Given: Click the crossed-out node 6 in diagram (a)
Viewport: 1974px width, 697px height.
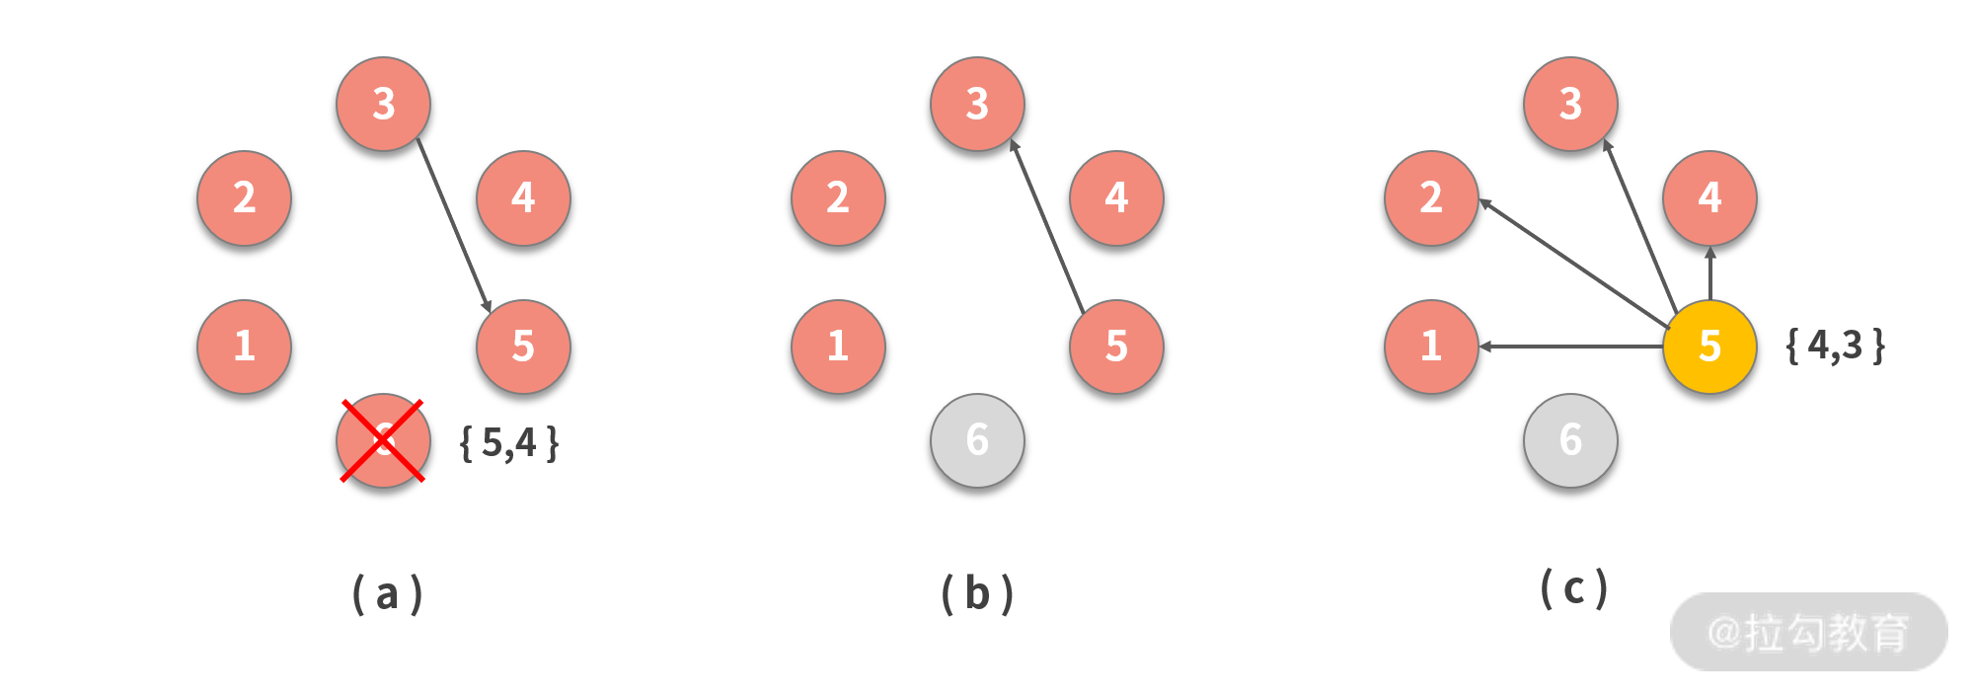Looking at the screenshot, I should (383, 440).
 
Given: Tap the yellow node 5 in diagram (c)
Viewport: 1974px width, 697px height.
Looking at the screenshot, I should (1709, 347).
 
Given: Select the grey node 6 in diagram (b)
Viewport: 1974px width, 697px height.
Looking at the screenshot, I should (977, 440).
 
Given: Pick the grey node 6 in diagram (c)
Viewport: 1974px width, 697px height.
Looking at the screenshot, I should (1570, 440).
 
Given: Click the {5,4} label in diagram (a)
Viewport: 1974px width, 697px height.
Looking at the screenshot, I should (509, 443).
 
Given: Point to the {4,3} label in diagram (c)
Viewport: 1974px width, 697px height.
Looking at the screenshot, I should (1836, 347).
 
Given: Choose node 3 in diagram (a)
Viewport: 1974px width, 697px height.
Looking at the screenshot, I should (383, 104).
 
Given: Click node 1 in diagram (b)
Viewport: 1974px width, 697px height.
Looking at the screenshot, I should (838, 347).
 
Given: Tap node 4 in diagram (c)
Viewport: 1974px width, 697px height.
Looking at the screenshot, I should (1709, 197).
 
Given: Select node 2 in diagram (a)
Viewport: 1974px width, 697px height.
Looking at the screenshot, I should (244, 197).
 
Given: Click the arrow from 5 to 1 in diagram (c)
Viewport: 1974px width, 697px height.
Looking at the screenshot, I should (1570, 347).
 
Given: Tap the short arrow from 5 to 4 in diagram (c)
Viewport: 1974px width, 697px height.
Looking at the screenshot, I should (1710, 273).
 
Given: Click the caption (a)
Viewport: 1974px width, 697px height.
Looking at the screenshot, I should (387, 593).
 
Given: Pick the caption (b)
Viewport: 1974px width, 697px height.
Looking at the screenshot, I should (977, 593).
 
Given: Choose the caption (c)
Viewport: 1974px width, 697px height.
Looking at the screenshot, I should (1573, 589).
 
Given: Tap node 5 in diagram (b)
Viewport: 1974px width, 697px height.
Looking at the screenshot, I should (1116, 347).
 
